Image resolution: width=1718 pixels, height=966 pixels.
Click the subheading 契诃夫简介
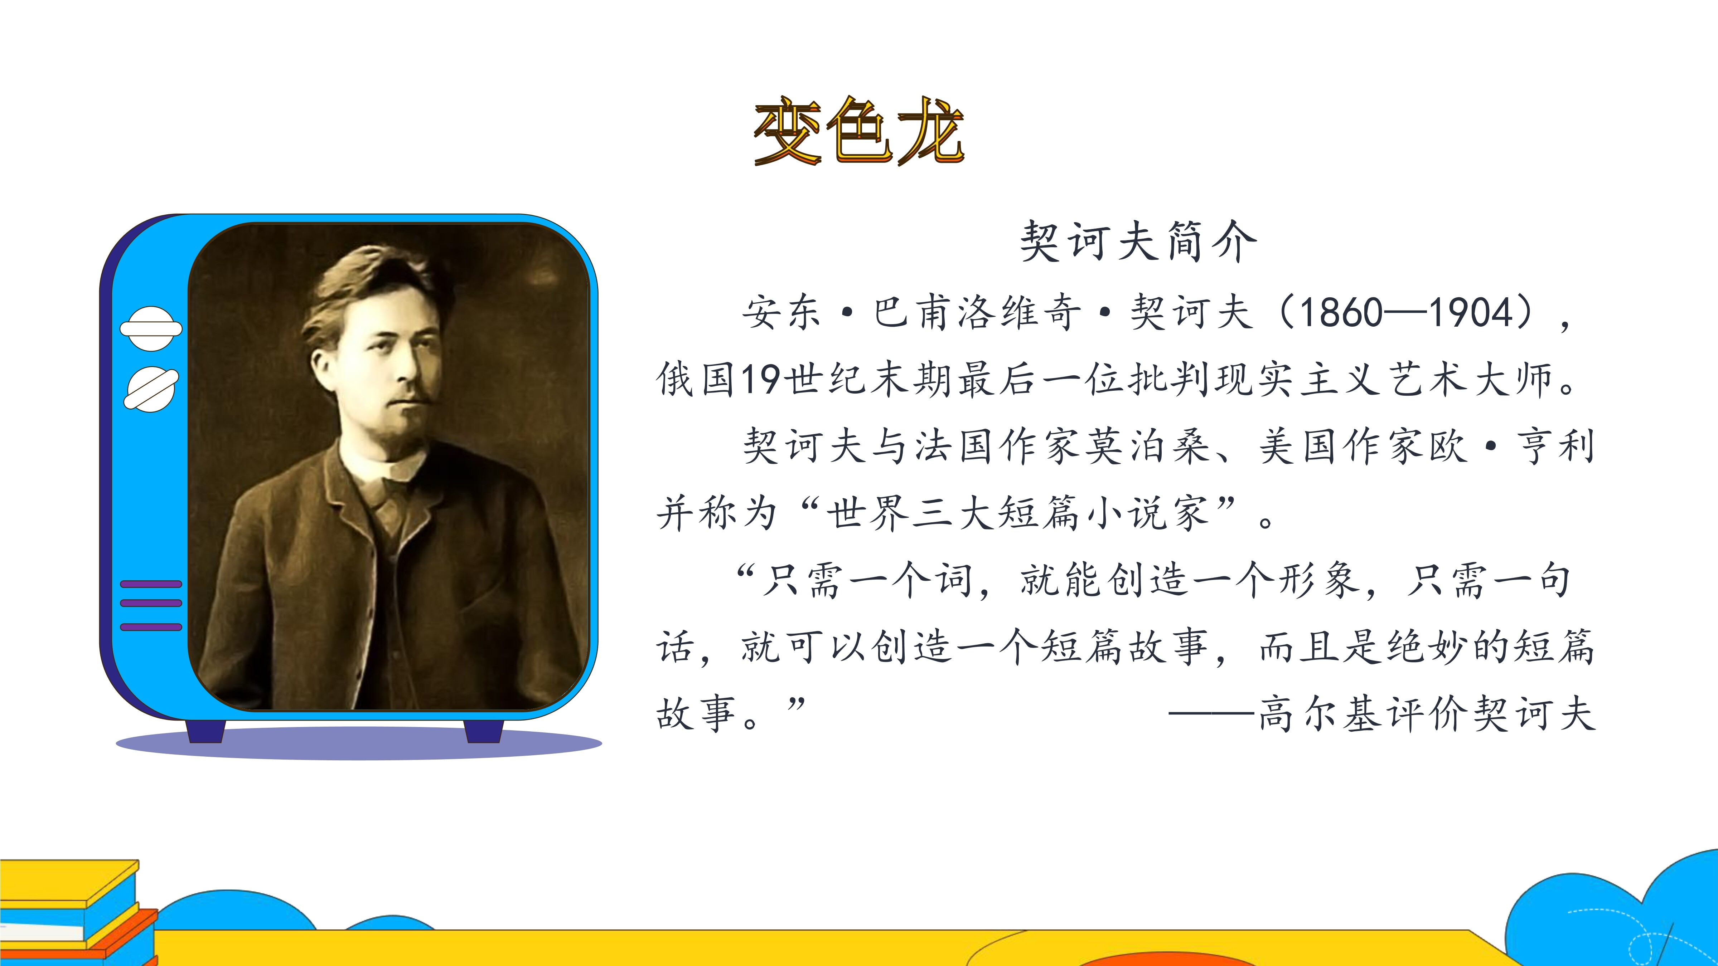(x=1138, y=241)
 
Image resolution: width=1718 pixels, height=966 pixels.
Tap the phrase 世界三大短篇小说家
(x=1018, y=513)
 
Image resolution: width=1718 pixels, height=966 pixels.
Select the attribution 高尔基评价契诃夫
(x=1427, y=714)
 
